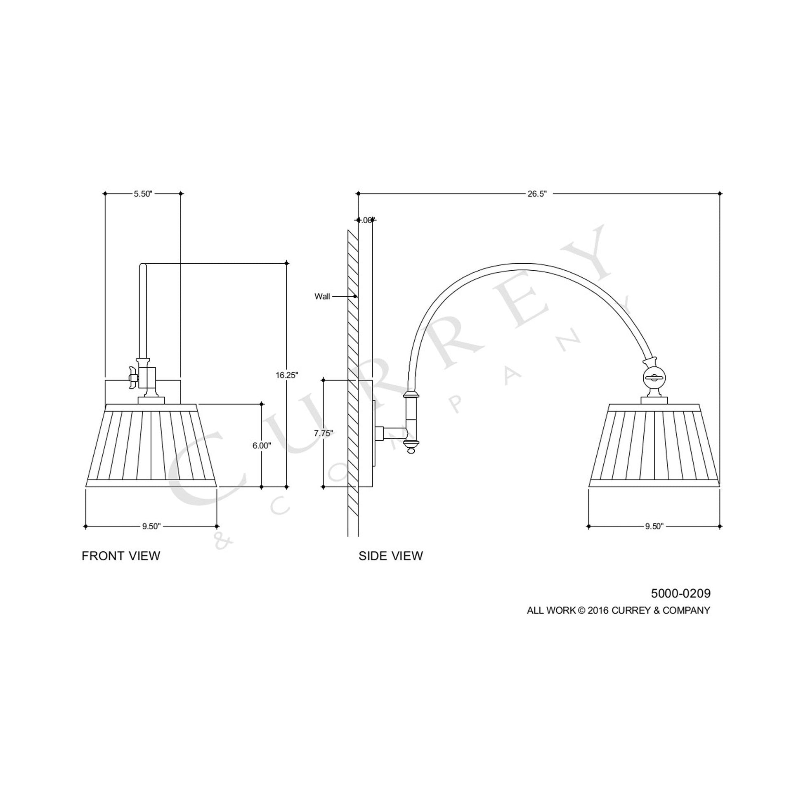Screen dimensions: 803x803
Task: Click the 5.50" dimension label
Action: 143,194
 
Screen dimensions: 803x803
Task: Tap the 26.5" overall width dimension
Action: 537,194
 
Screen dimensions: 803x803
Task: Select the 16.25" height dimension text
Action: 287,375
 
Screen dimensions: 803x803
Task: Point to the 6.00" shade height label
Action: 262,446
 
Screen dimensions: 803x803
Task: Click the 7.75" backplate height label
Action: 324,433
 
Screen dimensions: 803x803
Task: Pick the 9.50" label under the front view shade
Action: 151,527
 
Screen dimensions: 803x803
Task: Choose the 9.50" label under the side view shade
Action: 654,527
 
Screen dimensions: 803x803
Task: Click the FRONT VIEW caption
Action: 121,556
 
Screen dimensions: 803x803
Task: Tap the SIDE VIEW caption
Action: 391,556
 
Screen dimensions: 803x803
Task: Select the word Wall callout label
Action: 322,296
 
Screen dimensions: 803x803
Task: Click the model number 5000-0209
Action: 680,593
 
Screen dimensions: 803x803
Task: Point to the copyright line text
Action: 619,610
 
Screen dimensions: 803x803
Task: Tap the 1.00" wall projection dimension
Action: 365,220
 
